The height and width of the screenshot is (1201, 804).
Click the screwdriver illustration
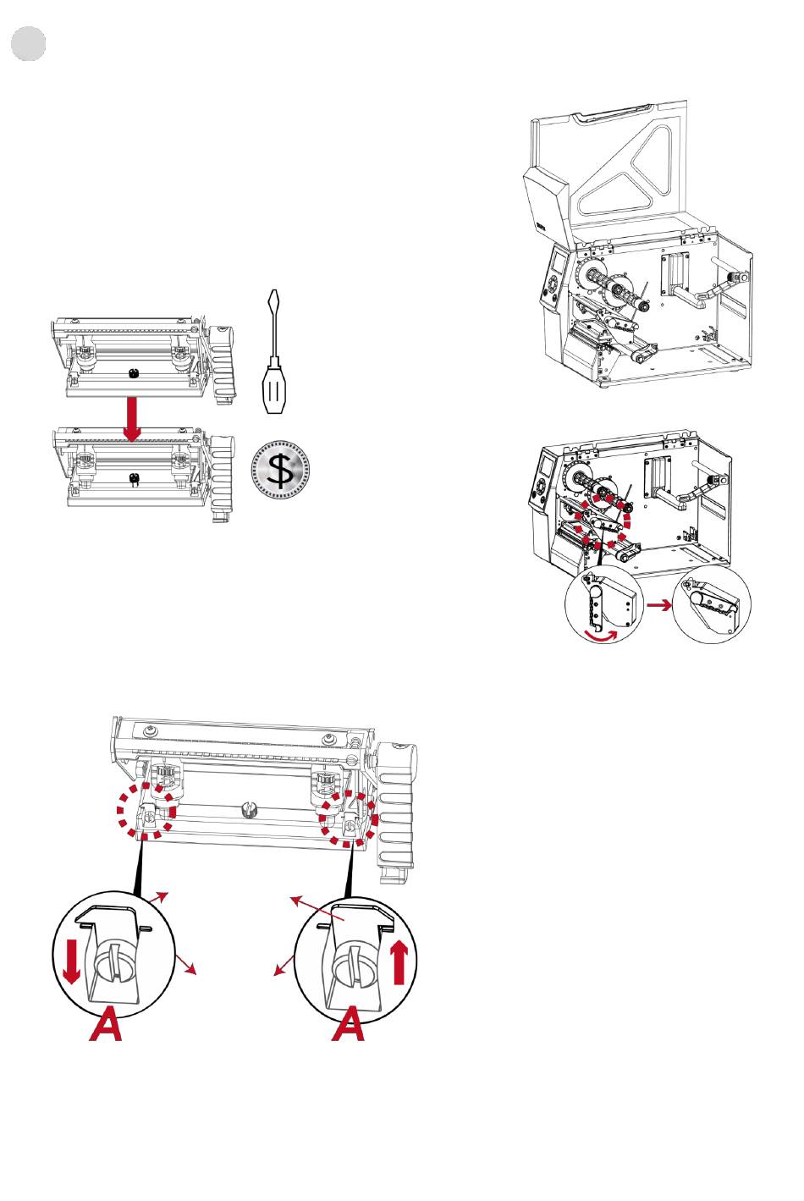click(x=274, y=351)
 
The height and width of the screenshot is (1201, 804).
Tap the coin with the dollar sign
click(x=280, y=469)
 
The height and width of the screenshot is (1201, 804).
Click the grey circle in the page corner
click(x=29, y=43)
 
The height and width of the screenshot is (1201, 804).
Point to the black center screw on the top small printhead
click(x=134, y=373)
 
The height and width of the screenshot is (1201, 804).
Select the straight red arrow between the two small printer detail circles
click(x=659, y=605)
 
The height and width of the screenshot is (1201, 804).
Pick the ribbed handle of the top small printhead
click(x=222, y=365)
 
